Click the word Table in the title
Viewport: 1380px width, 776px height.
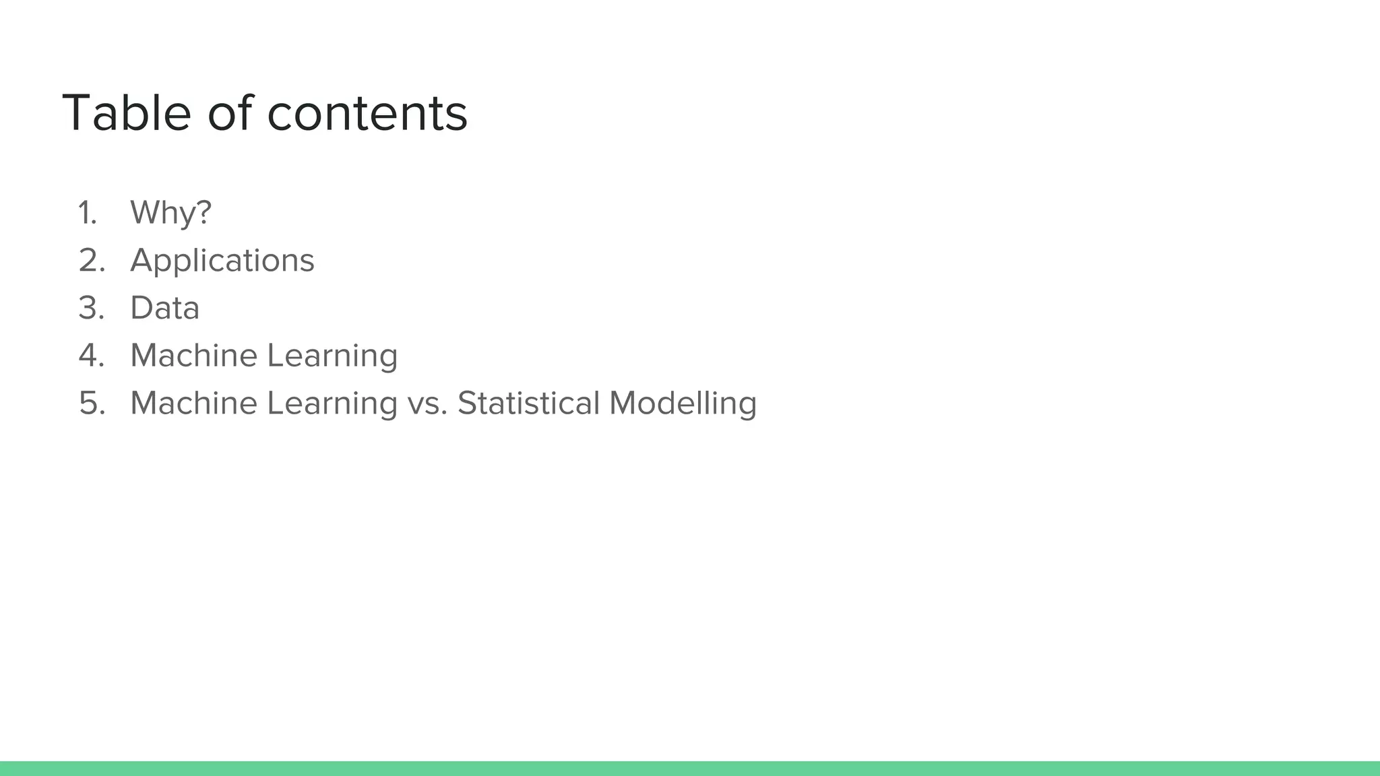(127, 112)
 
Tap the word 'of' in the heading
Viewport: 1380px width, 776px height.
(230, 112)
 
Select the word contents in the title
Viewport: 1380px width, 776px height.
(367, 112)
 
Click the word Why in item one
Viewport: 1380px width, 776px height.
(162, 213)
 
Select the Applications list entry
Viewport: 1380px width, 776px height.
(222, 261)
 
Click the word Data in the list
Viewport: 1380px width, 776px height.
(165, 309)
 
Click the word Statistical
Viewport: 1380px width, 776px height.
(528, 403)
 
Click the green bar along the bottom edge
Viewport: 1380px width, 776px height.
(690, 768)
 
